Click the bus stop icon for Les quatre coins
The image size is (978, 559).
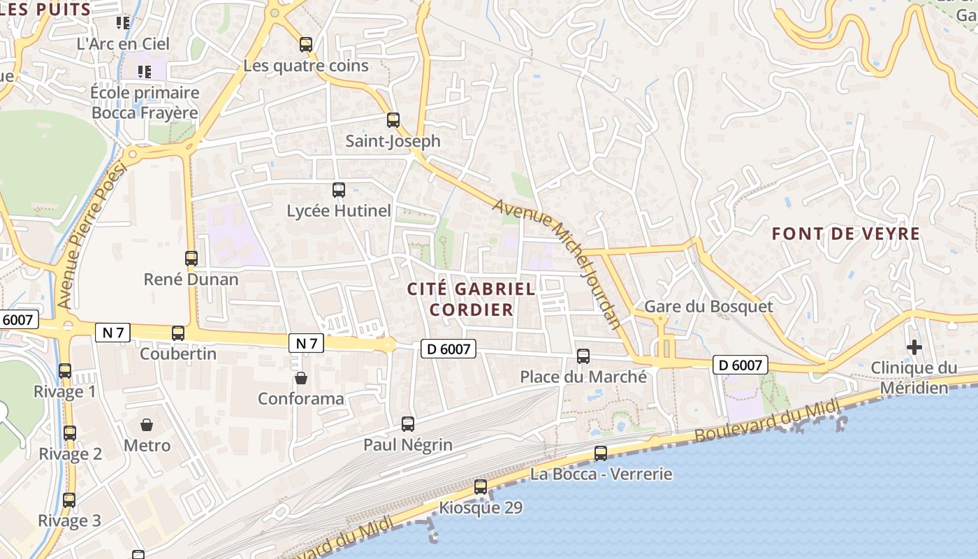coord(305,45)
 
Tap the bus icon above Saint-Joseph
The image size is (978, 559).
coord(393,120)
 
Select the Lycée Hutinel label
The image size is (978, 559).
coord(339,210)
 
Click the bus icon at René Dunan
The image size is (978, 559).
coord(191,259)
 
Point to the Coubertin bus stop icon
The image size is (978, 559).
coord(178,333)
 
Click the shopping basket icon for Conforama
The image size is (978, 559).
coord(300,378)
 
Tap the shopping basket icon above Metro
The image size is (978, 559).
coord(147,424)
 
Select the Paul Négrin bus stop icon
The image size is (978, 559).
coord(408,423)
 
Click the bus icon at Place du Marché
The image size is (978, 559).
coord(583,356)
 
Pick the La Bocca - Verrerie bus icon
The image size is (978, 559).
coord(601,453)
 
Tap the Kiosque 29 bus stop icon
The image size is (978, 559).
coord(481,487)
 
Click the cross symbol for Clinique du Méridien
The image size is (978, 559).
coord(914,347)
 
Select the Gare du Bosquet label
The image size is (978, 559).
coord(708,307)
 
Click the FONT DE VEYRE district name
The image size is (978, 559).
coord(846,234)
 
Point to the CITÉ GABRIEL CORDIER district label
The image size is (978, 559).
coord(472,299)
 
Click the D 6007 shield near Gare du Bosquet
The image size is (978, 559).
coord(740,365)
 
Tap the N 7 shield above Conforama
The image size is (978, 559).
coord(306,343)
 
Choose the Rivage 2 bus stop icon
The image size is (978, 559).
coord(70,433)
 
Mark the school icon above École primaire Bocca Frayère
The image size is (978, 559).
coord(145,71)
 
